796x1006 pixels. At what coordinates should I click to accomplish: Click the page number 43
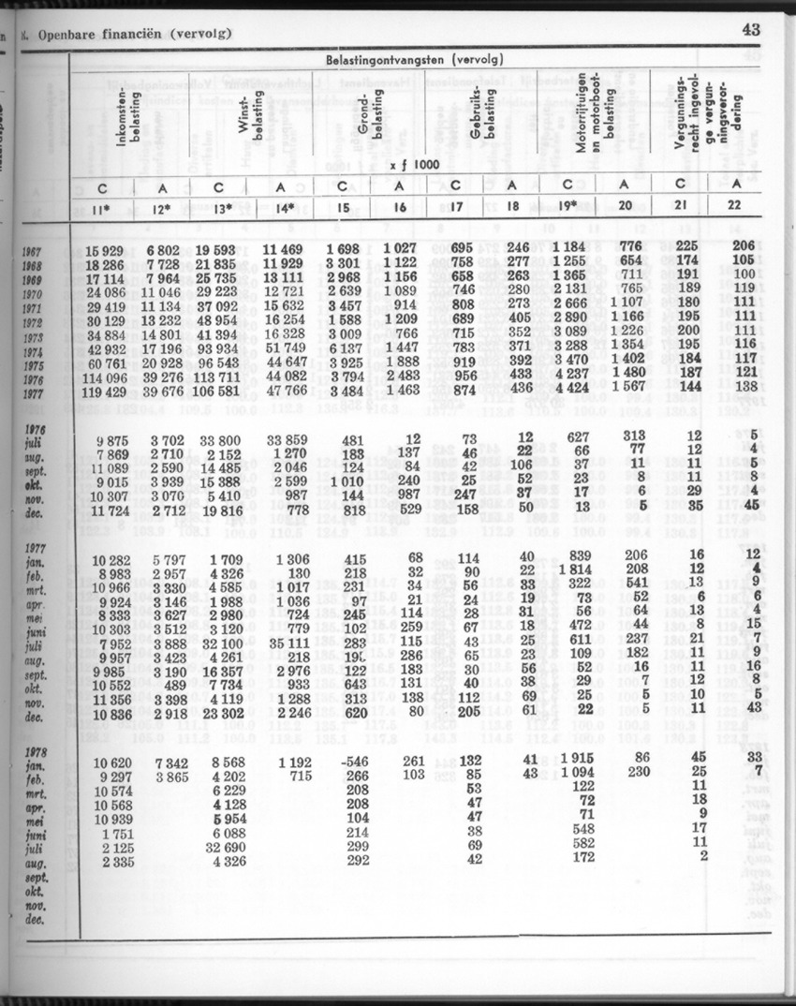(x=751, y=29)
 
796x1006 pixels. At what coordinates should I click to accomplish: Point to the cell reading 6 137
(x=346, y=348)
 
